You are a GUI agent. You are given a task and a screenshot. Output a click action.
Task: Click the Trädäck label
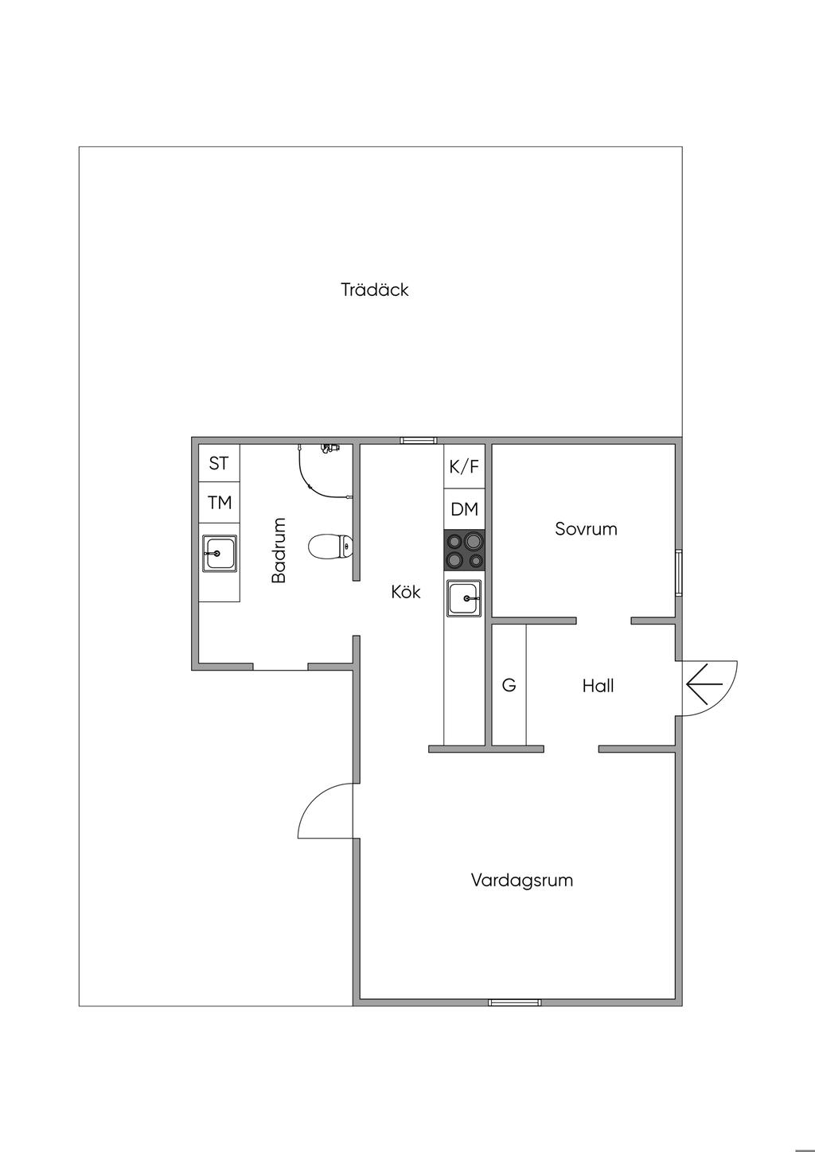click(x=375, y=290)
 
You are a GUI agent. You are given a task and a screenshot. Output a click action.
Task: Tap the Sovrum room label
click(x=586, y=529)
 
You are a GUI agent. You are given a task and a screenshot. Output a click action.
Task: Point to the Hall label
click(x=598, y=686)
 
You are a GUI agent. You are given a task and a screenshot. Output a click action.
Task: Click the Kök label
click(x=405, y=591)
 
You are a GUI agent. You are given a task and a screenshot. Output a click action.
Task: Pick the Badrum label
click(x=279, y=551)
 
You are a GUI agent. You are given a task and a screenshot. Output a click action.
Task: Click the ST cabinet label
click(x=219, y=463)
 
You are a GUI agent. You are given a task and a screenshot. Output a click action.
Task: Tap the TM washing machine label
click(x=220, y=503)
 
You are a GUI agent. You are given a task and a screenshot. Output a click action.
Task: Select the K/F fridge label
click(x=464, y=466)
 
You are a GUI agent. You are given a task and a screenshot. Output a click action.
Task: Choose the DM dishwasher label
click(x=465, y=509)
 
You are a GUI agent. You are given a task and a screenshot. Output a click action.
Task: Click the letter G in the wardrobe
click(x=509, y=685)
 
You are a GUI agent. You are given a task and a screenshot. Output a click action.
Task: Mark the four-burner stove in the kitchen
click(x=465, y=551)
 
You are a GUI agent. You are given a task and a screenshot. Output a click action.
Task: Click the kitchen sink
click(x=464, y=598)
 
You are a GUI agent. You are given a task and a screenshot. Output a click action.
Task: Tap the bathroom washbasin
click(x=220, y=554)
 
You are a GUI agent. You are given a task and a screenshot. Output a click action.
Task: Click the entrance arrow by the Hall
click(x=704, y=683)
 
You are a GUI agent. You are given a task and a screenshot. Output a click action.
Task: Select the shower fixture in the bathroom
click(x=325, y=471)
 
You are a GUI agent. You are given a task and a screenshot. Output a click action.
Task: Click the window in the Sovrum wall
click(x=679, y=572)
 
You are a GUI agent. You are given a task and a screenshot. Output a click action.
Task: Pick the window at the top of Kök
click(x=419, y=440)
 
